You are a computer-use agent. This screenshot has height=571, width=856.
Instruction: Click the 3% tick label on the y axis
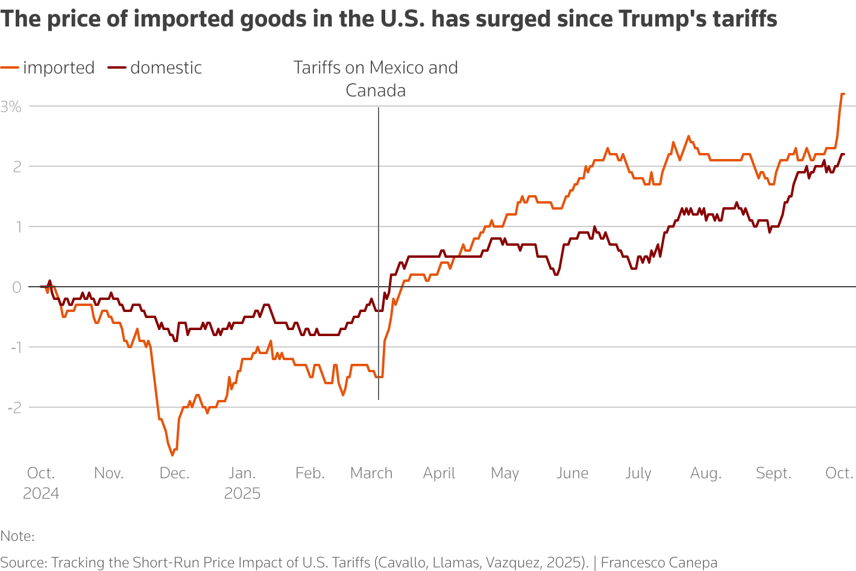(x=11, y=107)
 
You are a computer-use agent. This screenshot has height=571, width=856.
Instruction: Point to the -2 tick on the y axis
(x=14, y=408)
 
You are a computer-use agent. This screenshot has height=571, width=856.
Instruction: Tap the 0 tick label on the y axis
(x=16, y=287)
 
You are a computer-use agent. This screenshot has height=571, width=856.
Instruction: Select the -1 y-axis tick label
(x=14, y=348)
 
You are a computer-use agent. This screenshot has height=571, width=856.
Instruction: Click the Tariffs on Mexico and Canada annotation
(x=376, y=79)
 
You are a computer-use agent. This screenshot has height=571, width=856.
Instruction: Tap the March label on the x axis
(x=371, y=473)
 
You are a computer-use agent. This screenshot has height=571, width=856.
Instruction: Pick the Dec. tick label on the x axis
(x=174, y=473)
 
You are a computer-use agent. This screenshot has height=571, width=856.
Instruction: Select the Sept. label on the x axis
(x=773, y=473)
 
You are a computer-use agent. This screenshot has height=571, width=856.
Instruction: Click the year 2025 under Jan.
(x=242, y=494)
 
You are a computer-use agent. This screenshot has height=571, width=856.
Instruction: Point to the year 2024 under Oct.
(x=41, y=494)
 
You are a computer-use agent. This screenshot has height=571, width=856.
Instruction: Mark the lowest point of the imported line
(x=172, y=455)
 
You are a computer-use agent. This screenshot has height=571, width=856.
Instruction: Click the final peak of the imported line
(x=842, y=94)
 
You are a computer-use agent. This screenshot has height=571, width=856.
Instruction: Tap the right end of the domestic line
(x=843, y=154)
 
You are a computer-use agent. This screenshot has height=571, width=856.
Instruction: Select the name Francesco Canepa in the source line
(x=659, y=563)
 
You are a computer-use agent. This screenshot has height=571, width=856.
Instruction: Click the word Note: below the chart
(x=17, y=536)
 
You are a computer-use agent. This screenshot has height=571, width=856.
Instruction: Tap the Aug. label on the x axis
(x=706, y=473)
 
